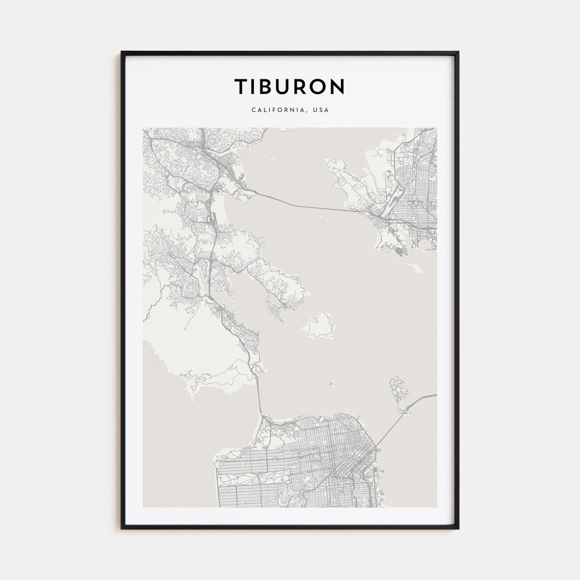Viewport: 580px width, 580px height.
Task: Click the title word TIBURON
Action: click(x=289, y=86)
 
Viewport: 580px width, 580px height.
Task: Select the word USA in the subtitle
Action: click(x=320, y=110)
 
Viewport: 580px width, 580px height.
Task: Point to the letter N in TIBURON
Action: click(x=338, y=86)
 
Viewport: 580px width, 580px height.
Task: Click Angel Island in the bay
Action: click(x=319, y=325)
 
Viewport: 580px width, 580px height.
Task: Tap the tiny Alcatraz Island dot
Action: click(x=329, y=385)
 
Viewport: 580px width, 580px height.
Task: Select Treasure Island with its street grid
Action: click(x=398, y=391)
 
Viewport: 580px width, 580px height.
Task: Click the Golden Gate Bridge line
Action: click(x=258, y=396)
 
